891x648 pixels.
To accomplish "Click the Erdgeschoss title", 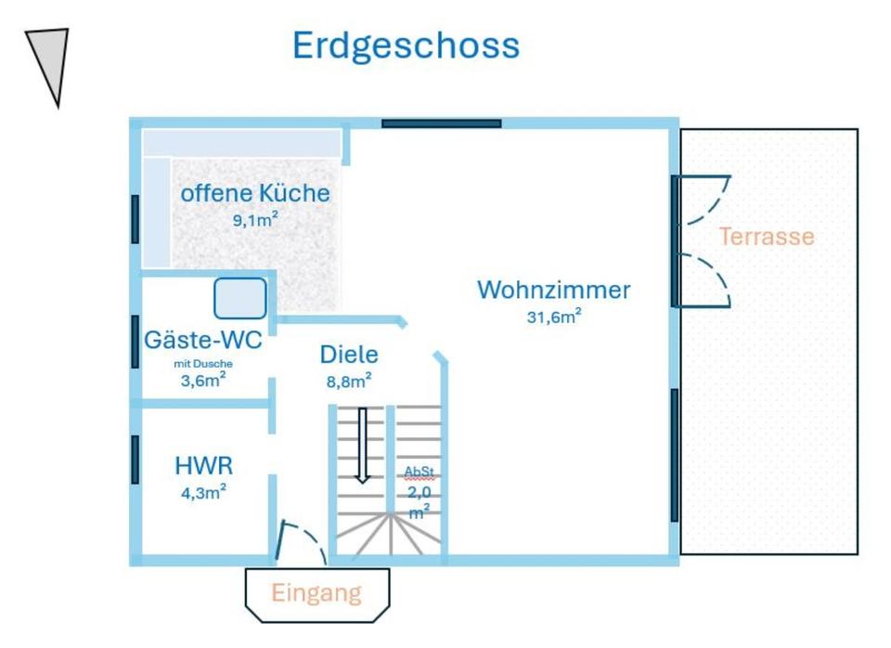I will point(406,45).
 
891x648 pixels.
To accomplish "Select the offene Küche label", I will point(255,193).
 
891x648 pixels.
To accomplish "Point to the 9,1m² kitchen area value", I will point(255,220).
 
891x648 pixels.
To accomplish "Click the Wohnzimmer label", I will point(553,290).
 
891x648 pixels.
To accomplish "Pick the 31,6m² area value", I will point(554,317).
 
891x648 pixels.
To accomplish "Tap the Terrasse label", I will point(767,237).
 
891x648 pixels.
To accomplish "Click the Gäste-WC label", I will point(203,340).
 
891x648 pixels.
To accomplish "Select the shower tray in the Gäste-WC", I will point(240,298).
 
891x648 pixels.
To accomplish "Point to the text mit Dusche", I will point(203,364).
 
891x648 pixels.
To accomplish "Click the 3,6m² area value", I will point(203,379).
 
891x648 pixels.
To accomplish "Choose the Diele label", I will point(349,354).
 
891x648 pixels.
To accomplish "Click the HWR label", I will point(203,465).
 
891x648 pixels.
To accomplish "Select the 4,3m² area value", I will point(203,492).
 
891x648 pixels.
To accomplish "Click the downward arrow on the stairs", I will point(363,446).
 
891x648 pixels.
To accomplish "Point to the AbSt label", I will point(419,472).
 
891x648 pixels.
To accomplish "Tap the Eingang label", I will point(316,592).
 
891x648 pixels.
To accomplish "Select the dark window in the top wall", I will point(442,123).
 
